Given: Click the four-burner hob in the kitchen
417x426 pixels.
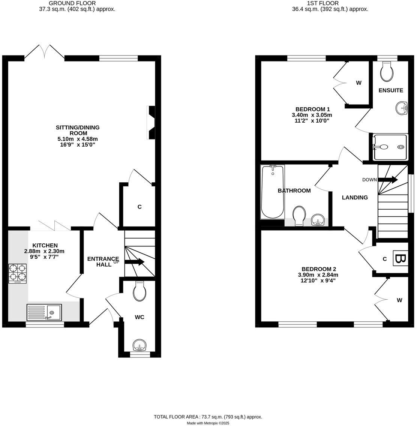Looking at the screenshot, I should click(x=18, y=273).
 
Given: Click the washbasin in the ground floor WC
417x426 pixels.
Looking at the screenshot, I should click(x=139, y=345).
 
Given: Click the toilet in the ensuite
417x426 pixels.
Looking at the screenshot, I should click(x=387, y=71).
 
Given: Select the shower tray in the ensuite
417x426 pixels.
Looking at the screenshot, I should click(x=390, y=147).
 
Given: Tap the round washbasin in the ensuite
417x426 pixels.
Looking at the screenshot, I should click(x=402, y=108).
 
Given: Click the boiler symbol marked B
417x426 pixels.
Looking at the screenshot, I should click(x=400, y=259).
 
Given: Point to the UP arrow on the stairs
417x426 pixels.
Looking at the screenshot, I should click(x=134, y=262).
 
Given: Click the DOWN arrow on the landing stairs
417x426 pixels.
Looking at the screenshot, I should click(x=388, y=180).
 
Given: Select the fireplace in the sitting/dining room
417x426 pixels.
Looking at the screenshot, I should click(x=151, y=123).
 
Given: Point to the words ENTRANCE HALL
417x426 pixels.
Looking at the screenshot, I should click(x=102, y=261).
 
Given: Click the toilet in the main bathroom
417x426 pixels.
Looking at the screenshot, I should click(x=299, y=216).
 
